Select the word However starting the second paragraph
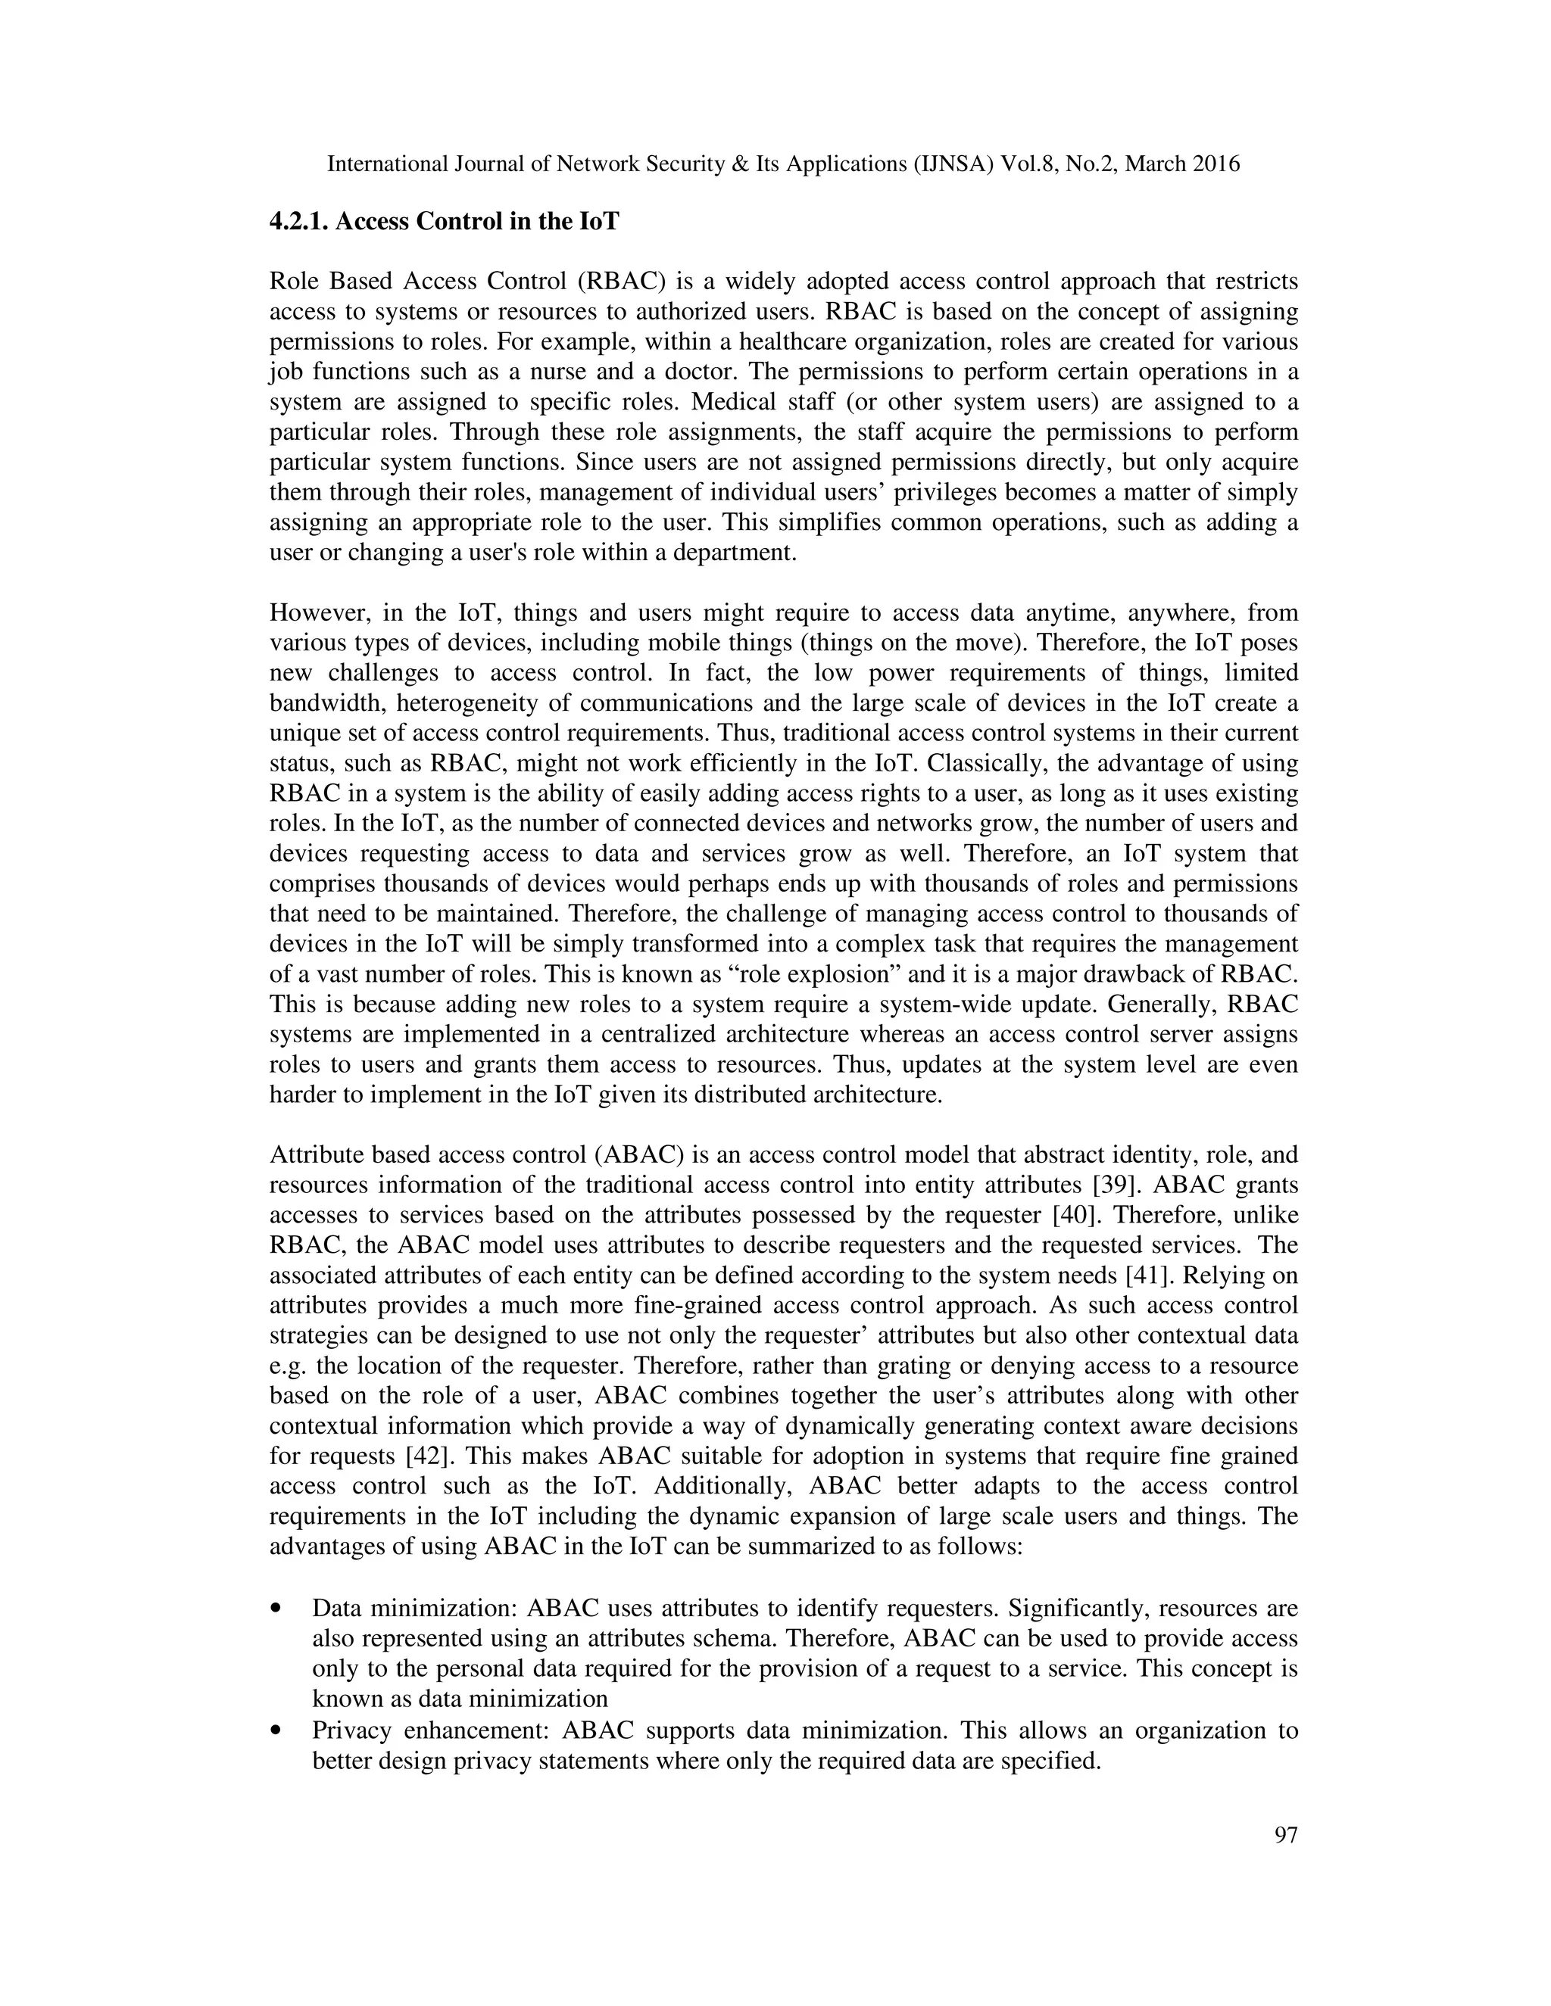(x=313, y=612)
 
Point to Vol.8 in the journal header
(x=1028, y=164)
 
